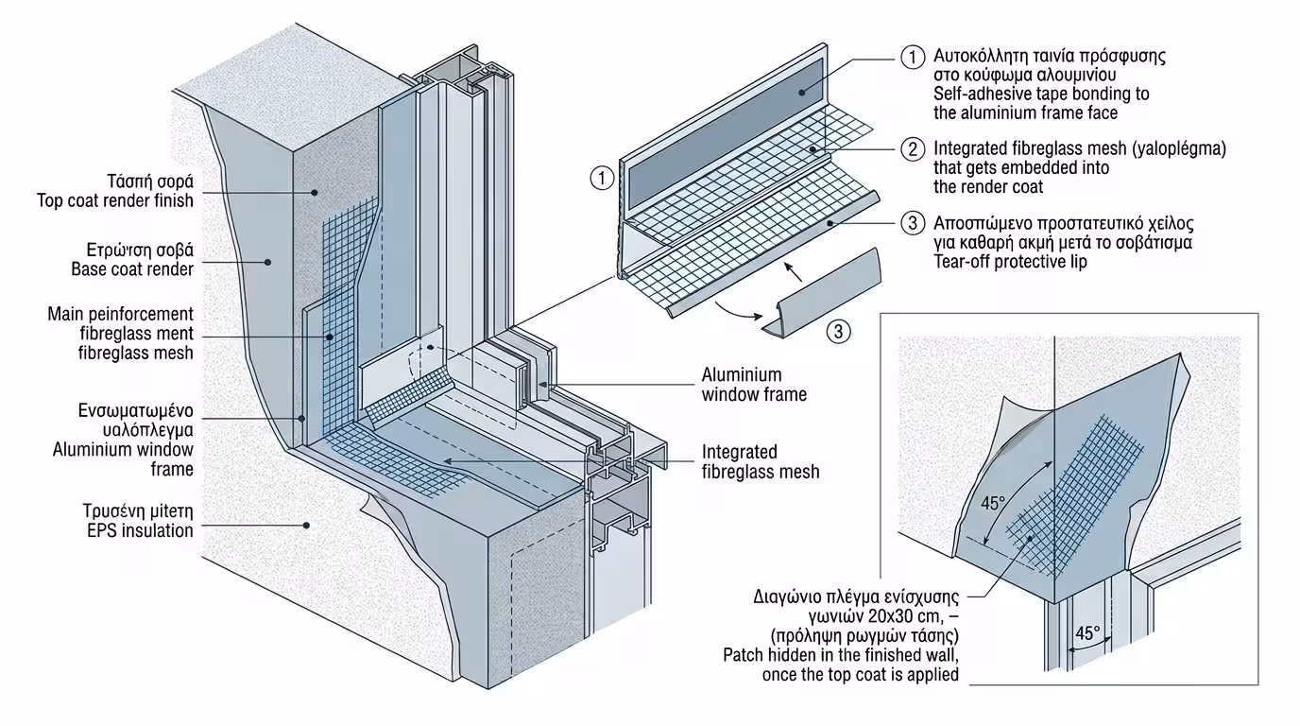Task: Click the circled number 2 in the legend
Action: pos(912,148)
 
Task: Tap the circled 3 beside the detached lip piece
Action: pos(838,331)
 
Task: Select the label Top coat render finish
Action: pos(115,200)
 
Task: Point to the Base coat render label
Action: pos(132,269)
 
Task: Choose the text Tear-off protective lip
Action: pos(1010,262)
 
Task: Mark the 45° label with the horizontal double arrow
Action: pos(1090,633)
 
